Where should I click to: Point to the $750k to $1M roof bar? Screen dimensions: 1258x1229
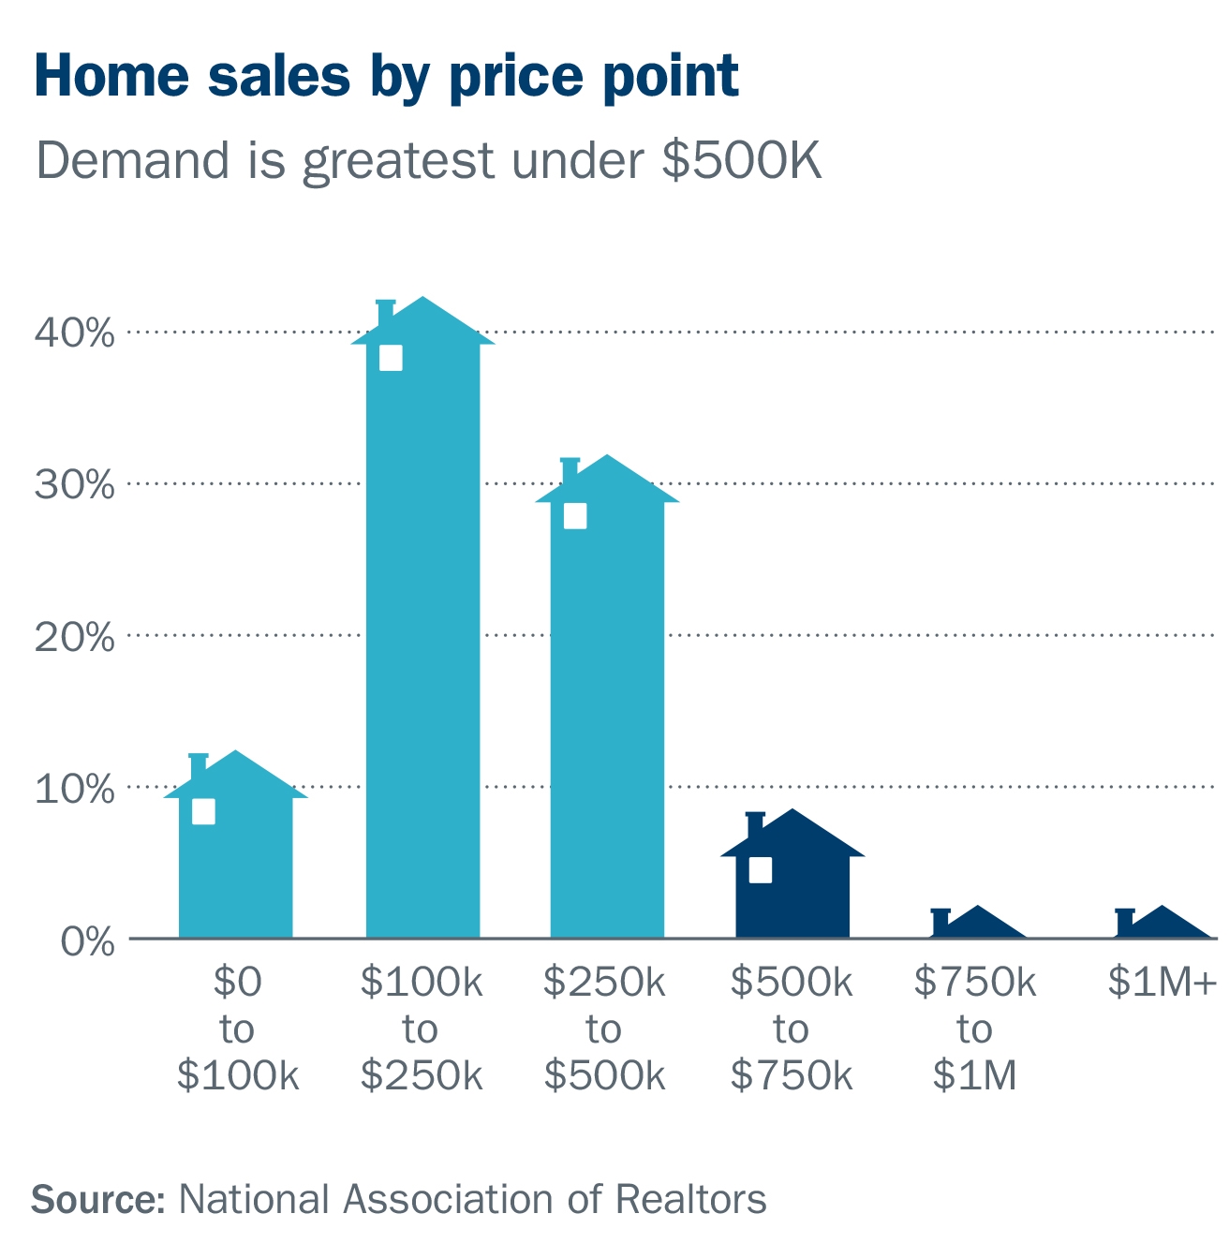977,925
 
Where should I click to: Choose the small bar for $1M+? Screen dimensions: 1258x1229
1162,925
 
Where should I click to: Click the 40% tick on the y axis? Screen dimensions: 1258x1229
74,333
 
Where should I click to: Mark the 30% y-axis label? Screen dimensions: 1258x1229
74,485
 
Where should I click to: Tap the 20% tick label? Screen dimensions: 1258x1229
74,638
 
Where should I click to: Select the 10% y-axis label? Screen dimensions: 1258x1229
74,789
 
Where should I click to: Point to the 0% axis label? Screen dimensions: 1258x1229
86,941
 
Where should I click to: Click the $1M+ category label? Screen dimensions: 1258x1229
1162,982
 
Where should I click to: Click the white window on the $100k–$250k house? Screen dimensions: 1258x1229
391,358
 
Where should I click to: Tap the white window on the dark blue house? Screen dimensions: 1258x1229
761,870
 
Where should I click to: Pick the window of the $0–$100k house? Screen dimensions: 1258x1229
203,811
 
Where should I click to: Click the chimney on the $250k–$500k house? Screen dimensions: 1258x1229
570,471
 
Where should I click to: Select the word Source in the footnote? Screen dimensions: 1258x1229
97,1200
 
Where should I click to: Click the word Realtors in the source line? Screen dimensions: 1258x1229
690,1200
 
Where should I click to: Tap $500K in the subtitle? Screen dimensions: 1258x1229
741,160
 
